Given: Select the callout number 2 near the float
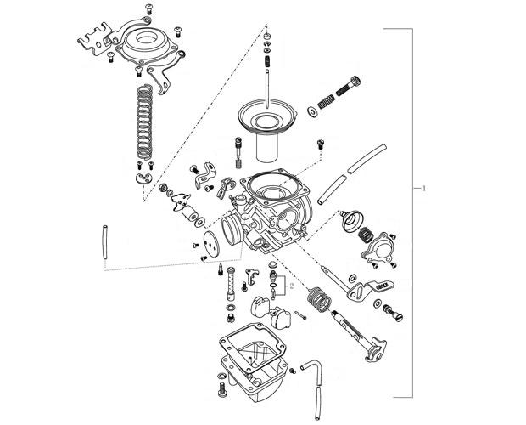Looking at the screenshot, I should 291,287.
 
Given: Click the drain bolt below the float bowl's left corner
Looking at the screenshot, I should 224,391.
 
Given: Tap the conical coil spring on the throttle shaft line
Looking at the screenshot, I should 319,298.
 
